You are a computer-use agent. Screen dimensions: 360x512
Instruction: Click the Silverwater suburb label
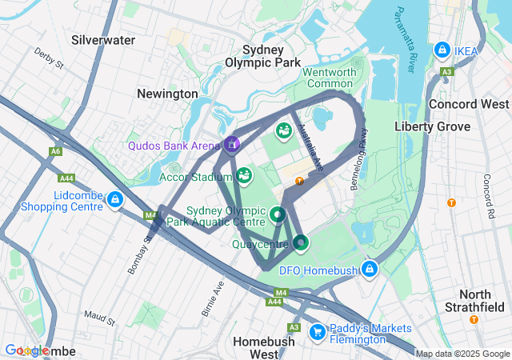point(103,39)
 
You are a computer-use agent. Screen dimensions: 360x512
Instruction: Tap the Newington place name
point(167,94)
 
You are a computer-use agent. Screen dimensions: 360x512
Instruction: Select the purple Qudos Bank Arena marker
point(232,144)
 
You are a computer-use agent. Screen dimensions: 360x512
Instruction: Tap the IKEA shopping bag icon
point(442,50)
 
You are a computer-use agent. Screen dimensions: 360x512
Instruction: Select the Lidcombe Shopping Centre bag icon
point(115,199)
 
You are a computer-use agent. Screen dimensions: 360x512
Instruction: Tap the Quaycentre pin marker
point(300,241)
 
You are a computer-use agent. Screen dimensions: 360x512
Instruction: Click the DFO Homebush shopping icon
point(369,269)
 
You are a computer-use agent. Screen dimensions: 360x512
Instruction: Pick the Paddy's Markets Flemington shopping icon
point(317,330)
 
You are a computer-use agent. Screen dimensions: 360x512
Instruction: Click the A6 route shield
point(55,150)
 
